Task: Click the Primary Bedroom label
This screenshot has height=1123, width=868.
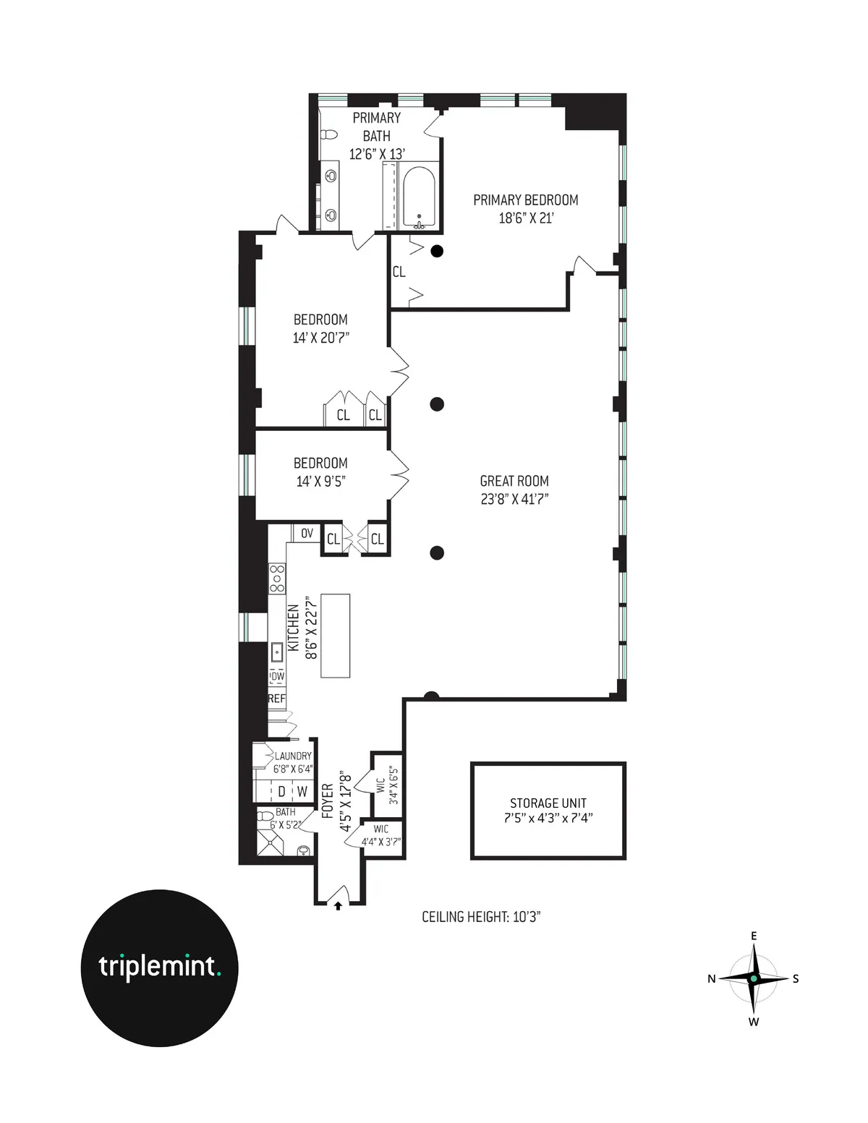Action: point(525,200)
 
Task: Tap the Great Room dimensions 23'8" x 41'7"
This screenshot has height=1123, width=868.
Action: point(514,499)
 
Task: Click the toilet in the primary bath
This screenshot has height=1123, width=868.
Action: point(329,135)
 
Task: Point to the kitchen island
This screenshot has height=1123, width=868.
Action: point(335,636)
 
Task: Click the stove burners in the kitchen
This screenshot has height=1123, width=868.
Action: point(277,579)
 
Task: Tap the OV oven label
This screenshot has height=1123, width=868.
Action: point(307,534)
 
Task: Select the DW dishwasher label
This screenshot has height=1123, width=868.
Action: point(277,676)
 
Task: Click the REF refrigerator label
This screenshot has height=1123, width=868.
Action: point(276,699)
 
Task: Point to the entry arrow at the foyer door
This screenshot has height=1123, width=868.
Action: point(338,905)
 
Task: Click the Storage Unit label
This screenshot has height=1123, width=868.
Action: point(548,803)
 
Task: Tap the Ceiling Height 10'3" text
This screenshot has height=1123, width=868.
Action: point(481,917)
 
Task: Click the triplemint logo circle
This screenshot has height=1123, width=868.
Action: point(159,968)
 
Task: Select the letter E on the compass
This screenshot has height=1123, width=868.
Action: point(754,936)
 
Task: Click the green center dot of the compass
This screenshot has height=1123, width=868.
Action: point(754,978)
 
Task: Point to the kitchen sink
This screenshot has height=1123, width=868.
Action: point(277,652)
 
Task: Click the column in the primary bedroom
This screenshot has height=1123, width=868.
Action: point(437,251)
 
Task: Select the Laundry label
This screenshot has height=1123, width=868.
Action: point(293,756)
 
